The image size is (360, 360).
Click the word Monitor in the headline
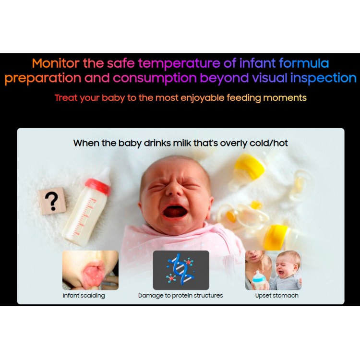click(x=56, y=63)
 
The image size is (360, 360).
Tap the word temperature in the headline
click(x=179, y=64)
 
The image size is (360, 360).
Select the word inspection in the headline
click(x=323, y=78)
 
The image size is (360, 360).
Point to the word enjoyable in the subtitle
click(x=202, y=98)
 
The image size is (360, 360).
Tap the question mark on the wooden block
click(x=52, y=201)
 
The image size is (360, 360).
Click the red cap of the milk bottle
click(x=98, y=186)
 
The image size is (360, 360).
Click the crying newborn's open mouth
click(x=175, y=212)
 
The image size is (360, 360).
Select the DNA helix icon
click(x=181, y=270)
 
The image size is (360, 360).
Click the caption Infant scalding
click(x=84, y=296)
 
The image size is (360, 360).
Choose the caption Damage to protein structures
click(x=180, y=296)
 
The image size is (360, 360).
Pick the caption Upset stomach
click(x=277, y=296)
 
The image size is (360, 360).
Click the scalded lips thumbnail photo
click(x=90, y=270)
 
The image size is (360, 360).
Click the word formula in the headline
click(x=304, y=63)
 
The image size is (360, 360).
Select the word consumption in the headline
click(x=155, y=78)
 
